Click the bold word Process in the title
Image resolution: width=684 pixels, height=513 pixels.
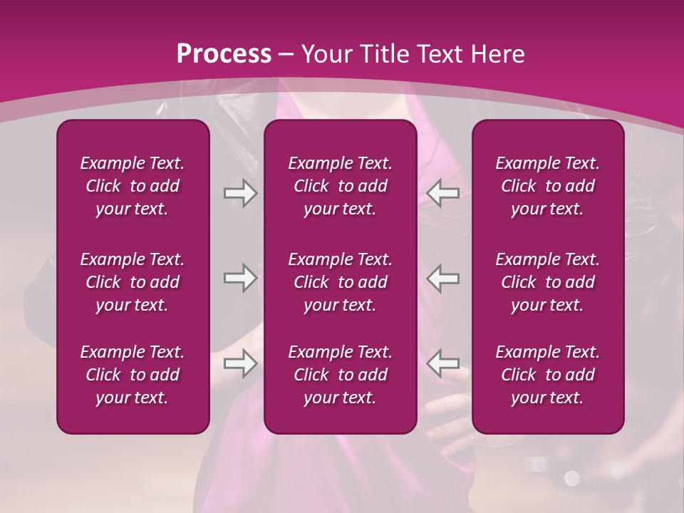click(x=224, y=53)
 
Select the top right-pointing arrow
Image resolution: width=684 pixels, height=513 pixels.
click(x=240, y=193)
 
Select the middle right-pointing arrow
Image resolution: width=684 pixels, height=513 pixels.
click(x=240, y=278)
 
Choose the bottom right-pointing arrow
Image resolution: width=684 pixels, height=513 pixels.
click(x=240, y=363)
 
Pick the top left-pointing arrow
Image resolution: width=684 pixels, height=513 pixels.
click(x=443, y=193)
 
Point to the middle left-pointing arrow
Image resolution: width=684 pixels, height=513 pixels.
click(x=443, y=278)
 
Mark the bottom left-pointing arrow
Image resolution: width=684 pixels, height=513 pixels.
click(x=443, y=363)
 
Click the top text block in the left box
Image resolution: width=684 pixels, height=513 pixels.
click(x=133, y=186)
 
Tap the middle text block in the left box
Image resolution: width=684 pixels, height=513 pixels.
click(x=133, y=282)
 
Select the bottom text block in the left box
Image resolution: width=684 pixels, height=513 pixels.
click(x=133, y=375)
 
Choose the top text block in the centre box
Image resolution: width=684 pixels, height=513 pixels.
click(x=340, y=186)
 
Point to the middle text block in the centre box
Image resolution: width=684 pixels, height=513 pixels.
click(x=340, y=282)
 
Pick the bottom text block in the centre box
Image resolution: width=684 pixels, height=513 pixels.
click(x=340, y=375)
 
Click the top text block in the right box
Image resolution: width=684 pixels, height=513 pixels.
click(x=548, y=186)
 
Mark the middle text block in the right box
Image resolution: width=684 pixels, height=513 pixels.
click(x=548, y=282)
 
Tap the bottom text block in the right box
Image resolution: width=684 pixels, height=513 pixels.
click(x=548, y=375)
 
